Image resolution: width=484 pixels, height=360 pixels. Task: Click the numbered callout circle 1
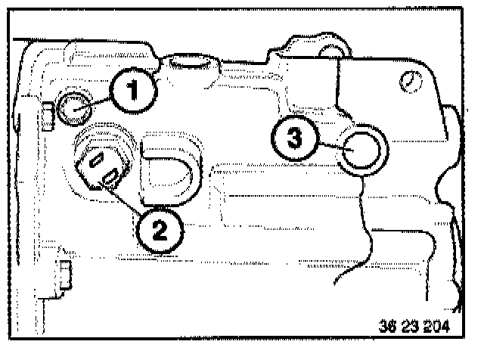[x=132, y=93]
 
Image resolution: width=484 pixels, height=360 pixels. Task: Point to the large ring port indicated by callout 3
[x=365, y=151]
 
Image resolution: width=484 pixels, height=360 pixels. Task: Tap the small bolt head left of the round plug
[x=47, y=114]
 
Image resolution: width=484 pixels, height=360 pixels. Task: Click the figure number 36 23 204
[x=414, y=327]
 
